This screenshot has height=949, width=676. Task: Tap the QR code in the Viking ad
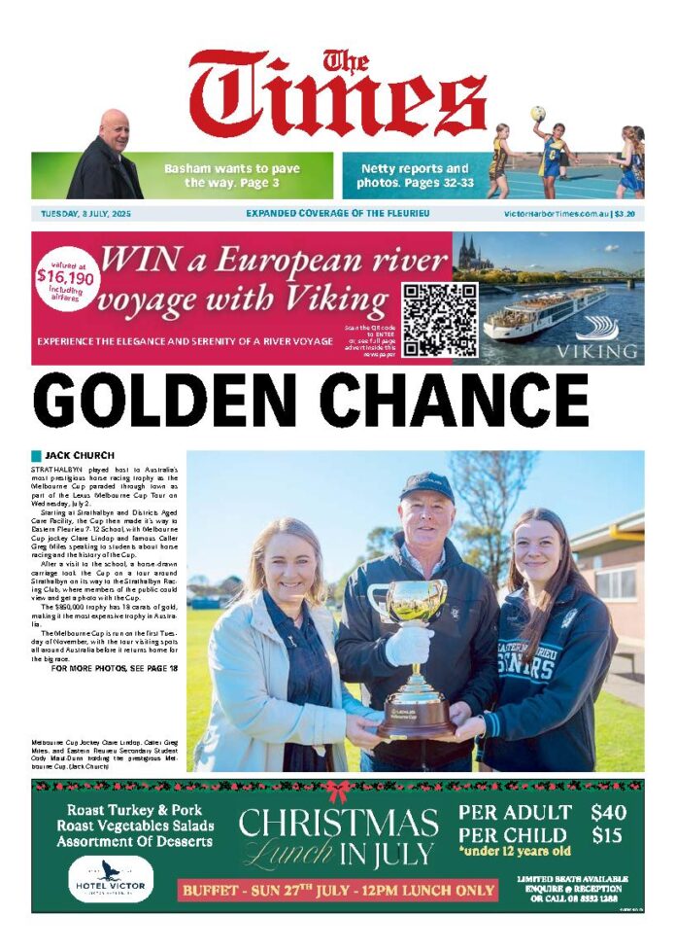pos(440,320)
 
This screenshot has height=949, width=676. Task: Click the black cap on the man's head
pos(426,482)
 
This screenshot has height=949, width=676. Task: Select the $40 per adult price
pos(608,812)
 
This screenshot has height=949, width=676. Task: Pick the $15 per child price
pos(608,835)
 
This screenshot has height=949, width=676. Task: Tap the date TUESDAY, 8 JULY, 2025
pos(86,214)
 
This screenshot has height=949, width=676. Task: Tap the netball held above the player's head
pos(538,114)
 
